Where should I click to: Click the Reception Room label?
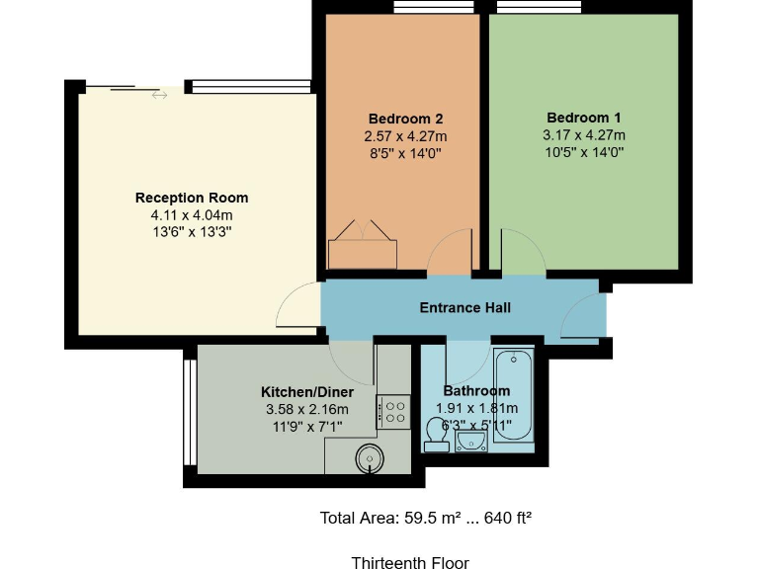(x=192, y=198)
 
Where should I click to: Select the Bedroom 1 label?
(x=583, y=117)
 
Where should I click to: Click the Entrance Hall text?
(x=464, y=308)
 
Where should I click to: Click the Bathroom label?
(x=476, y=391)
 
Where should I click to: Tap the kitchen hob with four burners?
(x=393, y=411)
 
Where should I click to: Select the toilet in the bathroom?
(x=436, y=435)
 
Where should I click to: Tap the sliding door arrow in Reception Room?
(x=159, y=96)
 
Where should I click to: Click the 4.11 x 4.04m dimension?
(x=192, y=215)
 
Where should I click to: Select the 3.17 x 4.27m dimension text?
(x=583, y=135)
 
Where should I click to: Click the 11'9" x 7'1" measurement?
(x=306, y=427)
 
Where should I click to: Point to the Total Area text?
(x=426, y=518)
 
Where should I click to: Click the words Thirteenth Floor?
(x=410, y=563)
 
